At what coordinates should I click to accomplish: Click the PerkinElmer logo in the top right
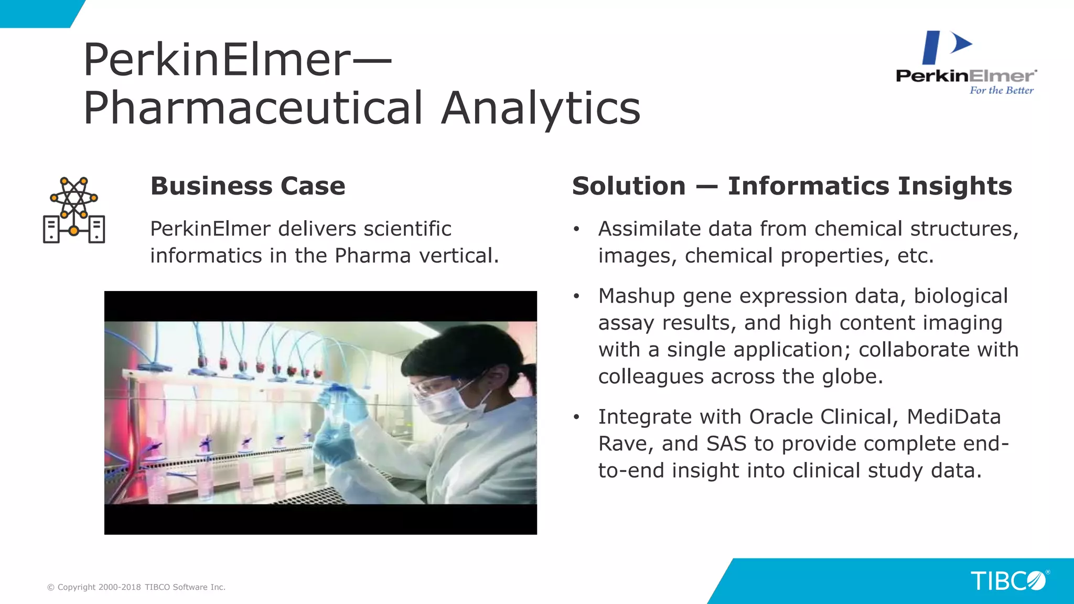click(966, 62)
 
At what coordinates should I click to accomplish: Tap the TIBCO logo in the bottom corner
click(1008, 581)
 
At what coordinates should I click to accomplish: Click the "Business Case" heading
click(248, 186)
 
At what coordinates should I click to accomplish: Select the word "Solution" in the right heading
click(628, 186)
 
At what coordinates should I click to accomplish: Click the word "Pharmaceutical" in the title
click(253, 108)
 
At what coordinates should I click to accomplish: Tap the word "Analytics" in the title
click(540, 108)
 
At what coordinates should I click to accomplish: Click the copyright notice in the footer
click(136, 587)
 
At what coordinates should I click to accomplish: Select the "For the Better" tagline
click(1001, 90)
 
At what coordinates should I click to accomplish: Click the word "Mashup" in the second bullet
click(636, 296)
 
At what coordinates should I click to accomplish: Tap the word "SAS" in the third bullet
click(726, 444)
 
